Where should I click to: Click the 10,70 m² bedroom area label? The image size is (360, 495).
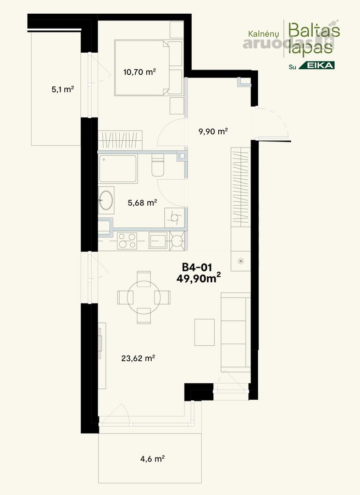[x=140, y=72]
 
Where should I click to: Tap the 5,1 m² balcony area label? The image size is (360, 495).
[x=63, y=89]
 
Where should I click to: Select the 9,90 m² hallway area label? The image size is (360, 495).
[x=213, y=131]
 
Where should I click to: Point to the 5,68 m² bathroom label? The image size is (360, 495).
[x=142, y=202]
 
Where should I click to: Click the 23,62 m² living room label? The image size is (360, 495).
[x=138, y=358]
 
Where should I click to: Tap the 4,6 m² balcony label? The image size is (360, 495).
[x=153, y=458]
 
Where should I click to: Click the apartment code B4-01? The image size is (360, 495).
[x=197, y=267]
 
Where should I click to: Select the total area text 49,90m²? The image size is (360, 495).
[x=198, y=278]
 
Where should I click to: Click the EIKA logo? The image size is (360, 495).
[x=317, y=65]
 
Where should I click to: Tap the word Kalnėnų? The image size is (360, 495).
[x=263, y=34]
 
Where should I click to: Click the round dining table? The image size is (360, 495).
[x=144, y=297]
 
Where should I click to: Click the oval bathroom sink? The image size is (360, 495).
[x=106, y=200]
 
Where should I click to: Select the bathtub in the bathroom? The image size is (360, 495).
[x=118, y=169]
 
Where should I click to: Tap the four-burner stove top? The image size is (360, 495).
[x=127, y=241]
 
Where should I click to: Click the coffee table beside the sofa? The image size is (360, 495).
[x=204, y=332]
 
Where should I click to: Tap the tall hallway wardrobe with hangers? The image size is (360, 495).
[x=241, y=187]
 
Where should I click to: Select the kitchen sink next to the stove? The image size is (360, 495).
[x=158, y=241]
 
